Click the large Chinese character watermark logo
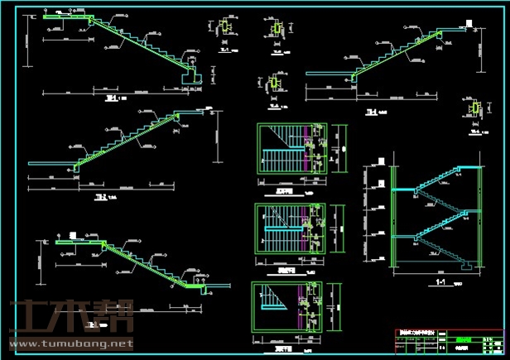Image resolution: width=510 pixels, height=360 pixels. (x=70, y=316)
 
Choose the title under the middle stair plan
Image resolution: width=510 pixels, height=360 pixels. (x=286, y=269)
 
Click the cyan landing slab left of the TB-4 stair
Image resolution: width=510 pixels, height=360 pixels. (x=329, y=73)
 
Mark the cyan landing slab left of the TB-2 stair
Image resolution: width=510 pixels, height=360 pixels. (x=51, y=164)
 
